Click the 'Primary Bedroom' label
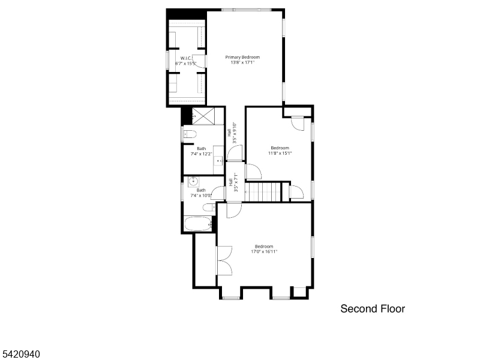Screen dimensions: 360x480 tap(242, 57)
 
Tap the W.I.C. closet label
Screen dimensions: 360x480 tap(185, 58)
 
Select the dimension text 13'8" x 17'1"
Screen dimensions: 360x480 tap(242, 62)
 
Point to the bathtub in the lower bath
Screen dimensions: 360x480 tap(198, 225)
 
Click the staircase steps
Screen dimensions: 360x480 tap(265, 193)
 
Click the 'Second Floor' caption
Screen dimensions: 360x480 tap(373, 309)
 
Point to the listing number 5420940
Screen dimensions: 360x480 tap(20, 355)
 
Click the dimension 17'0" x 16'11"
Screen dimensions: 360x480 tap(264, 251)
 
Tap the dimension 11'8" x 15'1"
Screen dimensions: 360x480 tap(280, 153)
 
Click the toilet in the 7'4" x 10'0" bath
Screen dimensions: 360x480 tap(208, 208)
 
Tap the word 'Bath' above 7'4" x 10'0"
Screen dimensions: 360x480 tap(201, 190)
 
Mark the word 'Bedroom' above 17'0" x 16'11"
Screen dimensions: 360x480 tap(264, 246)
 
